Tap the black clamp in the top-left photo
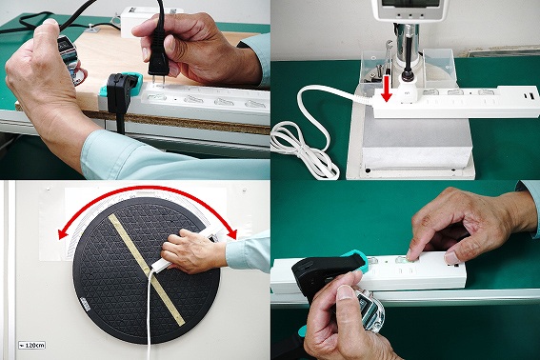tap(120, 95)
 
